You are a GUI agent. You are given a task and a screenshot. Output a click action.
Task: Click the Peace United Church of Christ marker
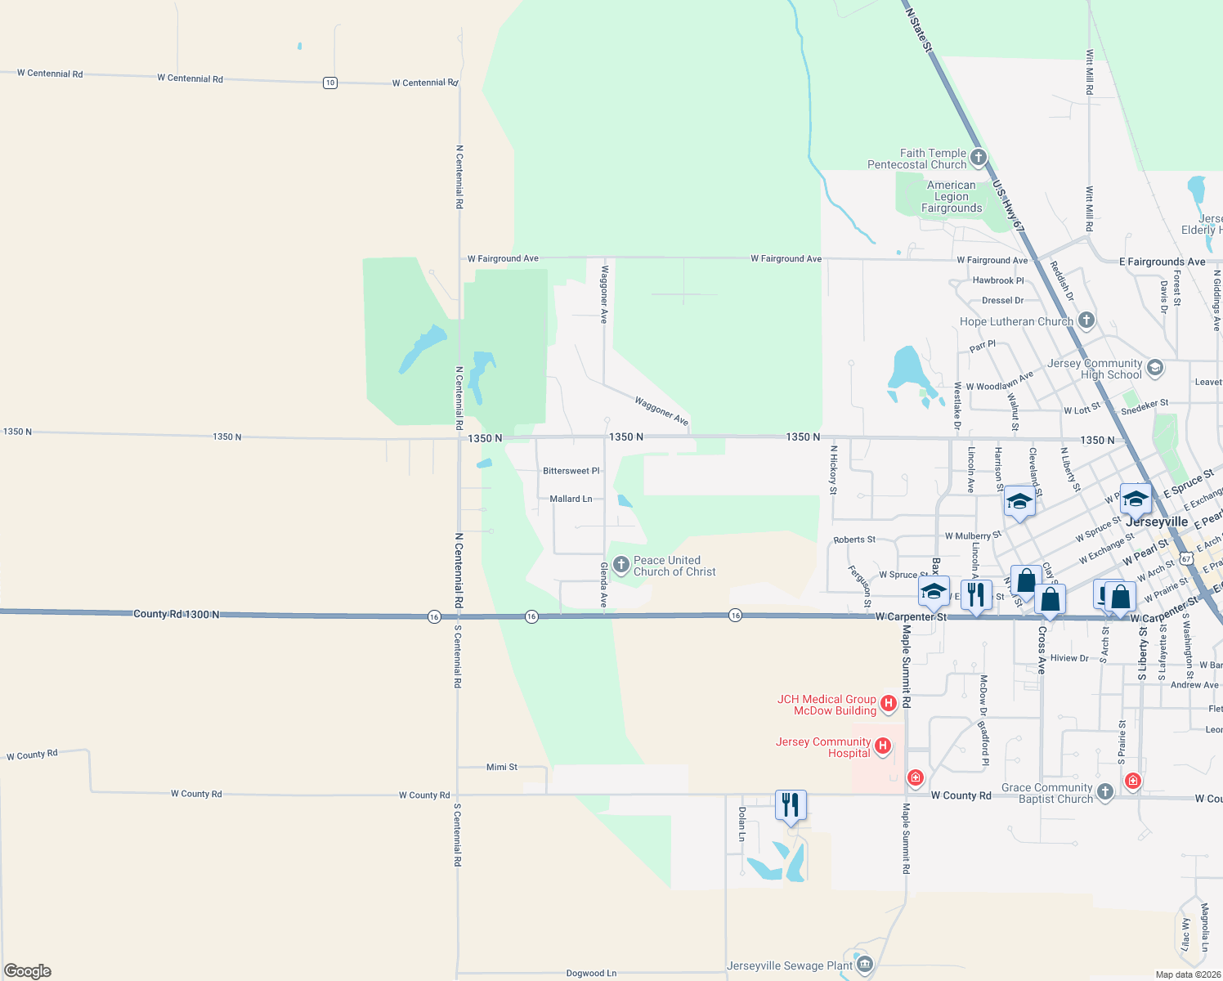coord(620,564)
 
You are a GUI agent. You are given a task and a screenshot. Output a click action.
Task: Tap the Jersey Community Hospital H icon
coord(882,746)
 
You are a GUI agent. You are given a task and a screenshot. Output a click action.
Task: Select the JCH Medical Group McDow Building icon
coord(889,702)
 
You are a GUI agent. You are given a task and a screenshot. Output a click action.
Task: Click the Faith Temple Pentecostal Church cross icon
coord(978,157)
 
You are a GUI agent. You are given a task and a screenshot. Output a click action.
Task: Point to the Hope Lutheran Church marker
coord(1086,320)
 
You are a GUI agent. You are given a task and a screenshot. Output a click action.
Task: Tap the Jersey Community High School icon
coord(1154,367)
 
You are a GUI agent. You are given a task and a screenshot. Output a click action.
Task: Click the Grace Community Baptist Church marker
coord(1104,791)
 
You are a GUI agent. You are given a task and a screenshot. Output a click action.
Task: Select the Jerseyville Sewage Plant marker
coord(865,965)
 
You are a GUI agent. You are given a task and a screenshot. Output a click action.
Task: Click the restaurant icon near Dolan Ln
coord(791,805)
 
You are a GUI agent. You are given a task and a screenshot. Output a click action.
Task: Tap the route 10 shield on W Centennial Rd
coord(330,83)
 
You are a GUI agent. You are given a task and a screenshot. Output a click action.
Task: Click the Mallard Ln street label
coord(571,499)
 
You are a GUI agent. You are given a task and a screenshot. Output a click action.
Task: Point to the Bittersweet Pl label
coord(571,471)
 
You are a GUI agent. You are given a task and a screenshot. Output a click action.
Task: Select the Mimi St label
coord(502,767)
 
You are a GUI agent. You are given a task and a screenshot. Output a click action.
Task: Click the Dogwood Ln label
coord(591,973)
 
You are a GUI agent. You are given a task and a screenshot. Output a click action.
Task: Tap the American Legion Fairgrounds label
coord(952,197)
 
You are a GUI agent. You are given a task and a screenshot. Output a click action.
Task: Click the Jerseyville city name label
coord(1157,522)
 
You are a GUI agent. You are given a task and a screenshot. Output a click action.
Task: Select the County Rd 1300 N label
coord(176,614)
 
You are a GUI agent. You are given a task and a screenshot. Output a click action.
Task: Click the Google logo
coord(28,971)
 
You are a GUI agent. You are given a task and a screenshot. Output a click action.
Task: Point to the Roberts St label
coord(854,540)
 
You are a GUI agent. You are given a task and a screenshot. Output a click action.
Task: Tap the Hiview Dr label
coord(1069,658)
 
